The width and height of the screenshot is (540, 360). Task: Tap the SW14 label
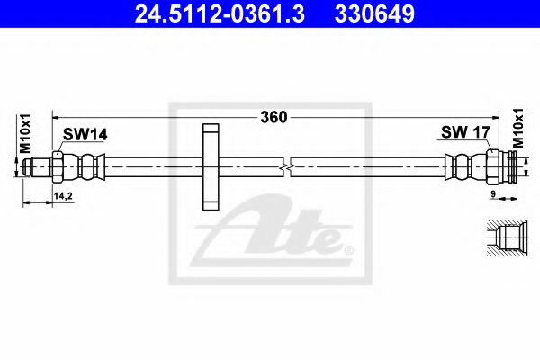coord(84,135)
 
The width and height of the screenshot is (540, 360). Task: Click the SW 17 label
coord(464,133)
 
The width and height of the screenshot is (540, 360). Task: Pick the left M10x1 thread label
coord(24,135)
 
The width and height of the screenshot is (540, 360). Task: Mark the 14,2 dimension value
coord(63,193)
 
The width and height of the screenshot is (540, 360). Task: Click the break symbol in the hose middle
coord(286,166)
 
